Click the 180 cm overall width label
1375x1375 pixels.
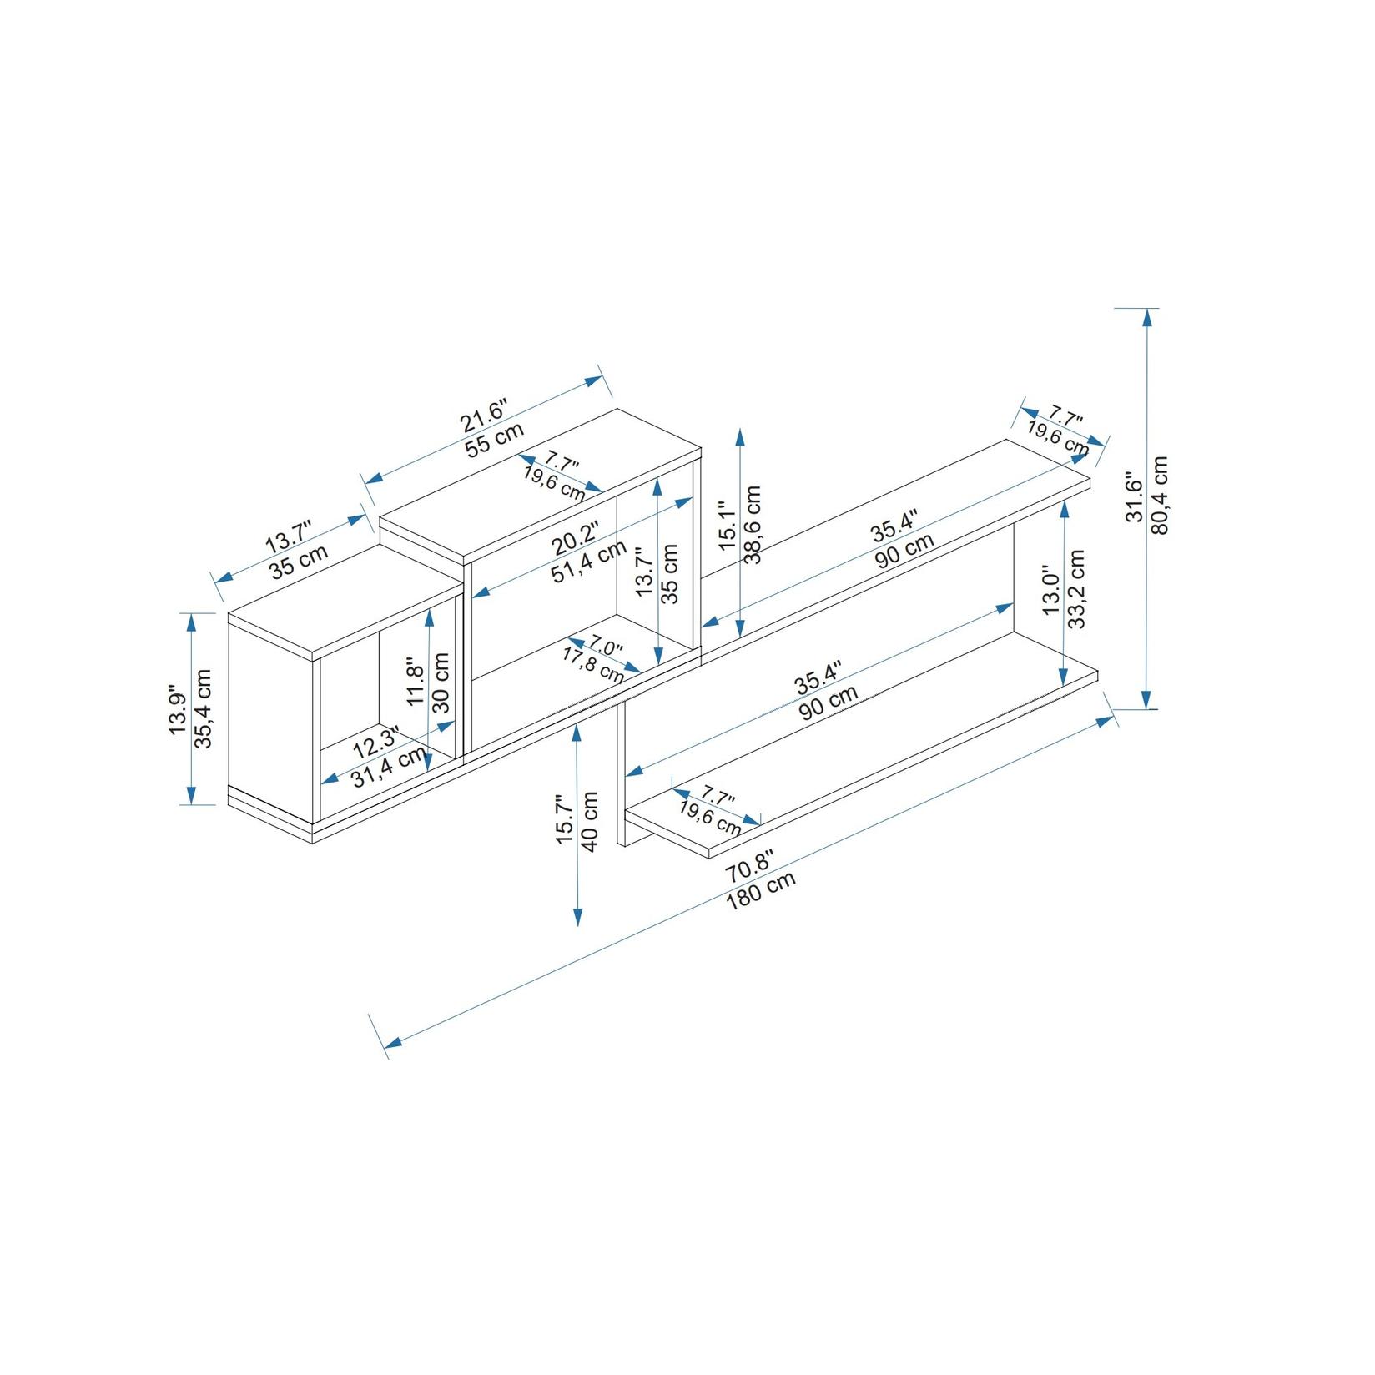(760, 890)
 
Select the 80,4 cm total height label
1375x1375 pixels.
(1161, 495)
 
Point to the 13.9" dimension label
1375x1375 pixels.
(177, 711)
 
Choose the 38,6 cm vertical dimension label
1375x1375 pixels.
(753, 524)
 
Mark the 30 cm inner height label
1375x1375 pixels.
(442, 682)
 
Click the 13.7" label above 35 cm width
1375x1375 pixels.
(288, 536)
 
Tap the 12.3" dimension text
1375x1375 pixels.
(375, 742)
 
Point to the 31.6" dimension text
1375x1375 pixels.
(1135, 499)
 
